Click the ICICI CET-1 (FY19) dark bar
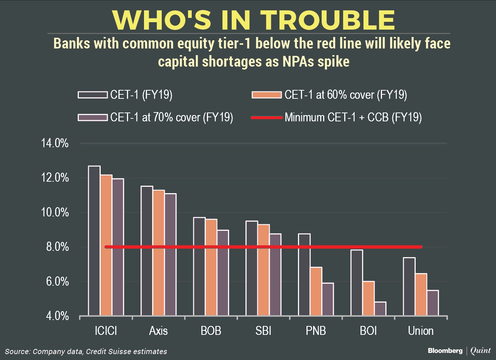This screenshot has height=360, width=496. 94,240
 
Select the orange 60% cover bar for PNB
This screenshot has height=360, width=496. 316,291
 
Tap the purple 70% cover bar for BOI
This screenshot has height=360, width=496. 380,309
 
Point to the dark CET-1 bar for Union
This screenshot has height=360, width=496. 409,286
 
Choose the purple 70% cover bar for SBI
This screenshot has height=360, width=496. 275,275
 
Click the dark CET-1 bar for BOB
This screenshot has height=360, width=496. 199,266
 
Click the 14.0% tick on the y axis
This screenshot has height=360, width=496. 54,143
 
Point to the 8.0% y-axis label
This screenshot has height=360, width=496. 54,247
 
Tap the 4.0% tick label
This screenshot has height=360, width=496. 54,316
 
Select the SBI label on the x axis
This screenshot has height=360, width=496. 263,330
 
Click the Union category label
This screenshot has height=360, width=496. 420,330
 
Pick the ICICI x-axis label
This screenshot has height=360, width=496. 106,330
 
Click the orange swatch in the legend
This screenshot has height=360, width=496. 266,95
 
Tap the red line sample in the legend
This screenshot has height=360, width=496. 266,118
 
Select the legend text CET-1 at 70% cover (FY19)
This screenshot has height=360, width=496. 171,118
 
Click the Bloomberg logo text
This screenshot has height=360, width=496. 445,350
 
